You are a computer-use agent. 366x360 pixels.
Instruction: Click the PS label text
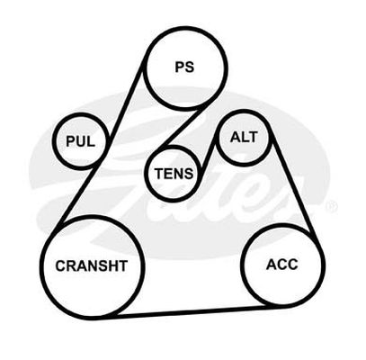(x=184, y=67)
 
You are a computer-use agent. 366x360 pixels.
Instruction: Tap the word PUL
(x=80, y=141)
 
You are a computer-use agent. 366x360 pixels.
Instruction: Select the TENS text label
(x=174, y=174)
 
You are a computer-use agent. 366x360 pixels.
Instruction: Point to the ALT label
(x=244, y=137)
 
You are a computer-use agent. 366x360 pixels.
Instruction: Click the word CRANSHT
(x=92, y=265)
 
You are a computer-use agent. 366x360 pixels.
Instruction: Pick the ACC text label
(x=282, y=265)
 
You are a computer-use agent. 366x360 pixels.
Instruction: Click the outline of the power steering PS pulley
(x=185, y=28)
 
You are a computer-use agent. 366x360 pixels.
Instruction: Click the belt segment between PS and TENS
(x=181, y=127)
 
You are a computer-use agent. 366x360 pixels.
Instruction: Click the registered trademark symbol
(x=332, y=206)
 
